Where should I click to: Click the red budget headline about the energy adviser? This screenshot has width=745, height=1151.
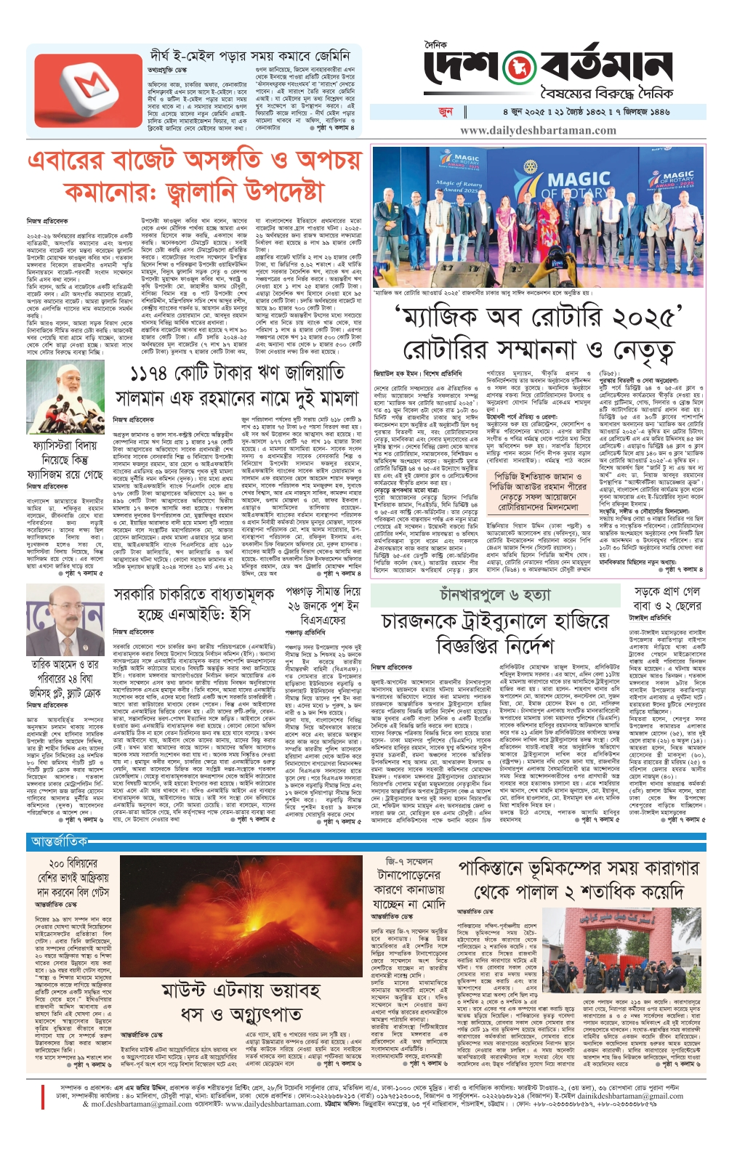[x=193, y=177]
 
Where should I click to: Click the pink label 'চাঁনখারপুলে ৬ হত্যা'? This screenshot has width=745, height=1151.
[x=495, y=594]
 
